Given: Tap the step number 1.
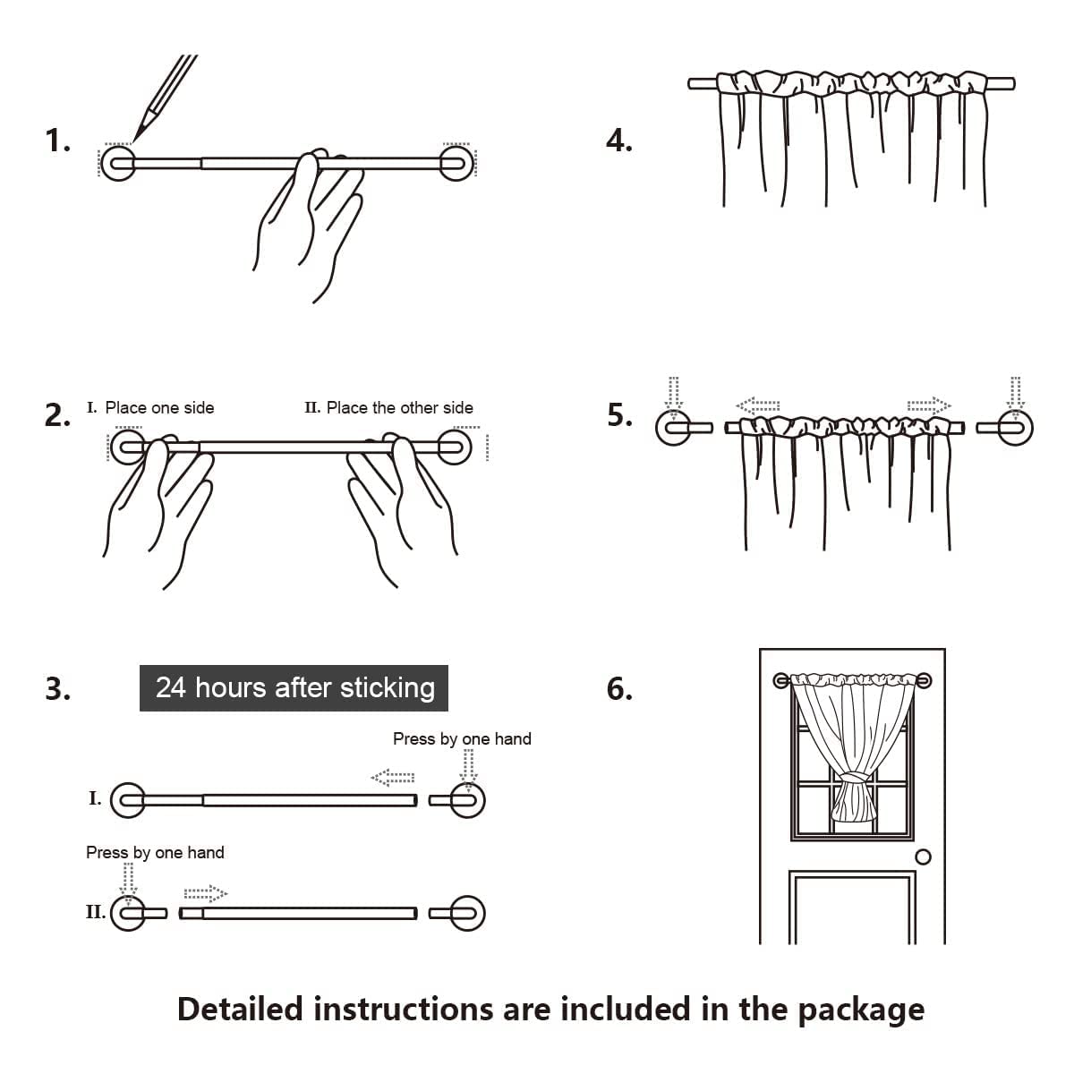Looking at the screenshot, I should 57,141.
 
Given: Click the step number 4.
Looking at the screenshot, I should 619,141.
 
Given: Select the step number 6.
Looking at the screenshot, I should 619,688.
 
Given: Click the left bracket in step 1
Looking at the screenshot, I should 118,163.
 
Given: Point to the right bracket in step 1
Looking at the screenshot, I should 457,163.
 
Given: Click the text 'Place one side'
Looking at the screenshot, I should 159,408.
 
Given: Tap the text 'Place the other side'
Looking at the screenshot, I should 399,408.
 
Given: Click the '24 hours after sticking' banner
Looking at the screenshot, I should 294,687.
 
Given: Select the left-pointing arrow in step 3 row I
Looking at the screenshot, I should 393,777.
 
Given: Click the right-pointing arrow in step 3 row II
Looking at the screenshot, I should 205,892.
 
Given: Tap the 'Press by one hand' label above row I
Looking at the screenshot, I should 462,738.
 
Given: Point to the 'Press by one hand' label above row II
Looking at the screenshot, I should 155,852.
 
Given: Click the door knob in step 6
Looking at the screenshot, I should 924,857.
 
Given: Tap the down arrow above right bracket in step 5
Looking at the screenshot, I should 1015,395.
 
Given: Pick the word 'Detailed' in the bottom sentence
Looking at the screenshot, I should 241,1009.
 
